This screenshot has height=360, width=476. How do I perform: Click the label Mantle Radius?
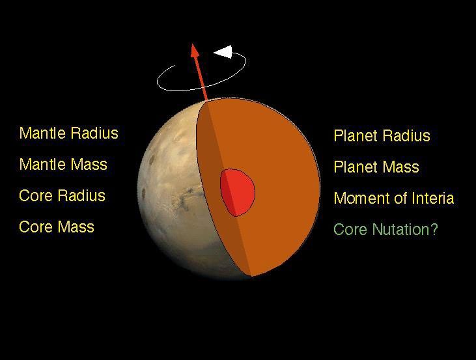coord(68,133)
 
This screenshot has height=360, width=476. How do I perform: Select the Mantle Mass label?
coord(63,165)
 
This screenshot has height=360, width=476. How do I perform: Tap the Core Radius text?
coord(62,196)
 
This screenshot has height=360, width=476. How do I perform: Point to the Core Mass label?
coord(57,227)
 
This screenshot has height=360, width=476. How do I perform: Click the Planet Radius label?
coord(382,136)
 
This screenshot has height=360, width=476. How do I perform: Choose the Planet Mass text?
coord(376,167)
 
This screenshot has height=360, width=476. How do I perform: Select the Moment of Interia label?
coord(393,199)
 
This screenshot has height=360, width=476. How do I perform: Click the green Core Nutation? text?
coord(385,230)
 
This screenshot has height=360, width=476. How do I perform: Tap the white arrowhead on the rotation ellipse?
coord(223,51)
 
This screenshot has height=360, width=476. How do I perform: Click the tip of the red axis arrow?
coord(193,45)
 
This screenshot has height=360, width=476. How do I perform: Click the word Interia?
coord(430,199)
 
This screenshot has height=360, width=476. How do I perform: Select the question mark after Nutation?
coord(434,230)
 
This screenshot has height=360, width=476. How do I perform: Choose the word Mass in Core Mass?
coord(76,227)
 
